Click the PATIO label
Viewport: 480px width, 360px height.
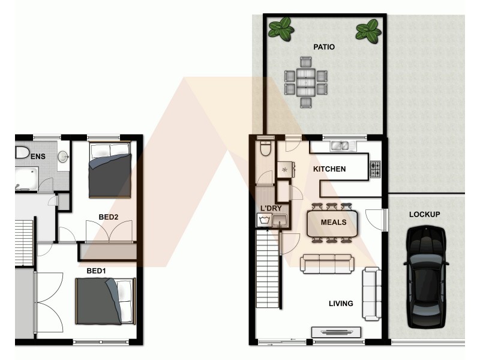(x=324, y=46)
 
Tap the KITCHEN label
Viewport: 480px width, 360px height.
(x=329, y=169)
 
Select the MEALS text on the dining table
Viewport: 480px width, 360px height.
(x=334, y=223)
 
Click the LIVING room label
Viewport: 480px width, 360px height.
(x=341, y=304)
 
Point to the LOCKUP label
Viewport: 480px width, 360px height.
(x=425, y=214)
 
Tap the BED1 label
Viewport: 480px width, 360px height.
(x=96, y=271)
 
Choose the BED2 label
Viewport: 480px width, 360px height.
(x=108, y=217)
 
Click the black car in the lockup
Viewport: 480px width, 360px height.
(x=427, y=277)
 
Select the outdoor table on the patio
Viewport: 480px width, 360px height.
(x=305, y=82)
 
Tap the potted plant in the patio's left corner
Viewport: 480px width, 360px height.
(x=280, y=28)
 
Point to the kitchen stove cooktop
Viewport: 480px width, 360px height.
(x=376, y=169)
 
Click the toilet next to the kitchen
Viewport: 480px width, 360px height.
(x=265, y=147)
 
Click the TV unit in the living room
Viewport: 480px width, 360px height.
(x=336, y=332)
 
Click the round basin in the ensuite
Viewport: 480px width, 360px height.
(x=63, y=157)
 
